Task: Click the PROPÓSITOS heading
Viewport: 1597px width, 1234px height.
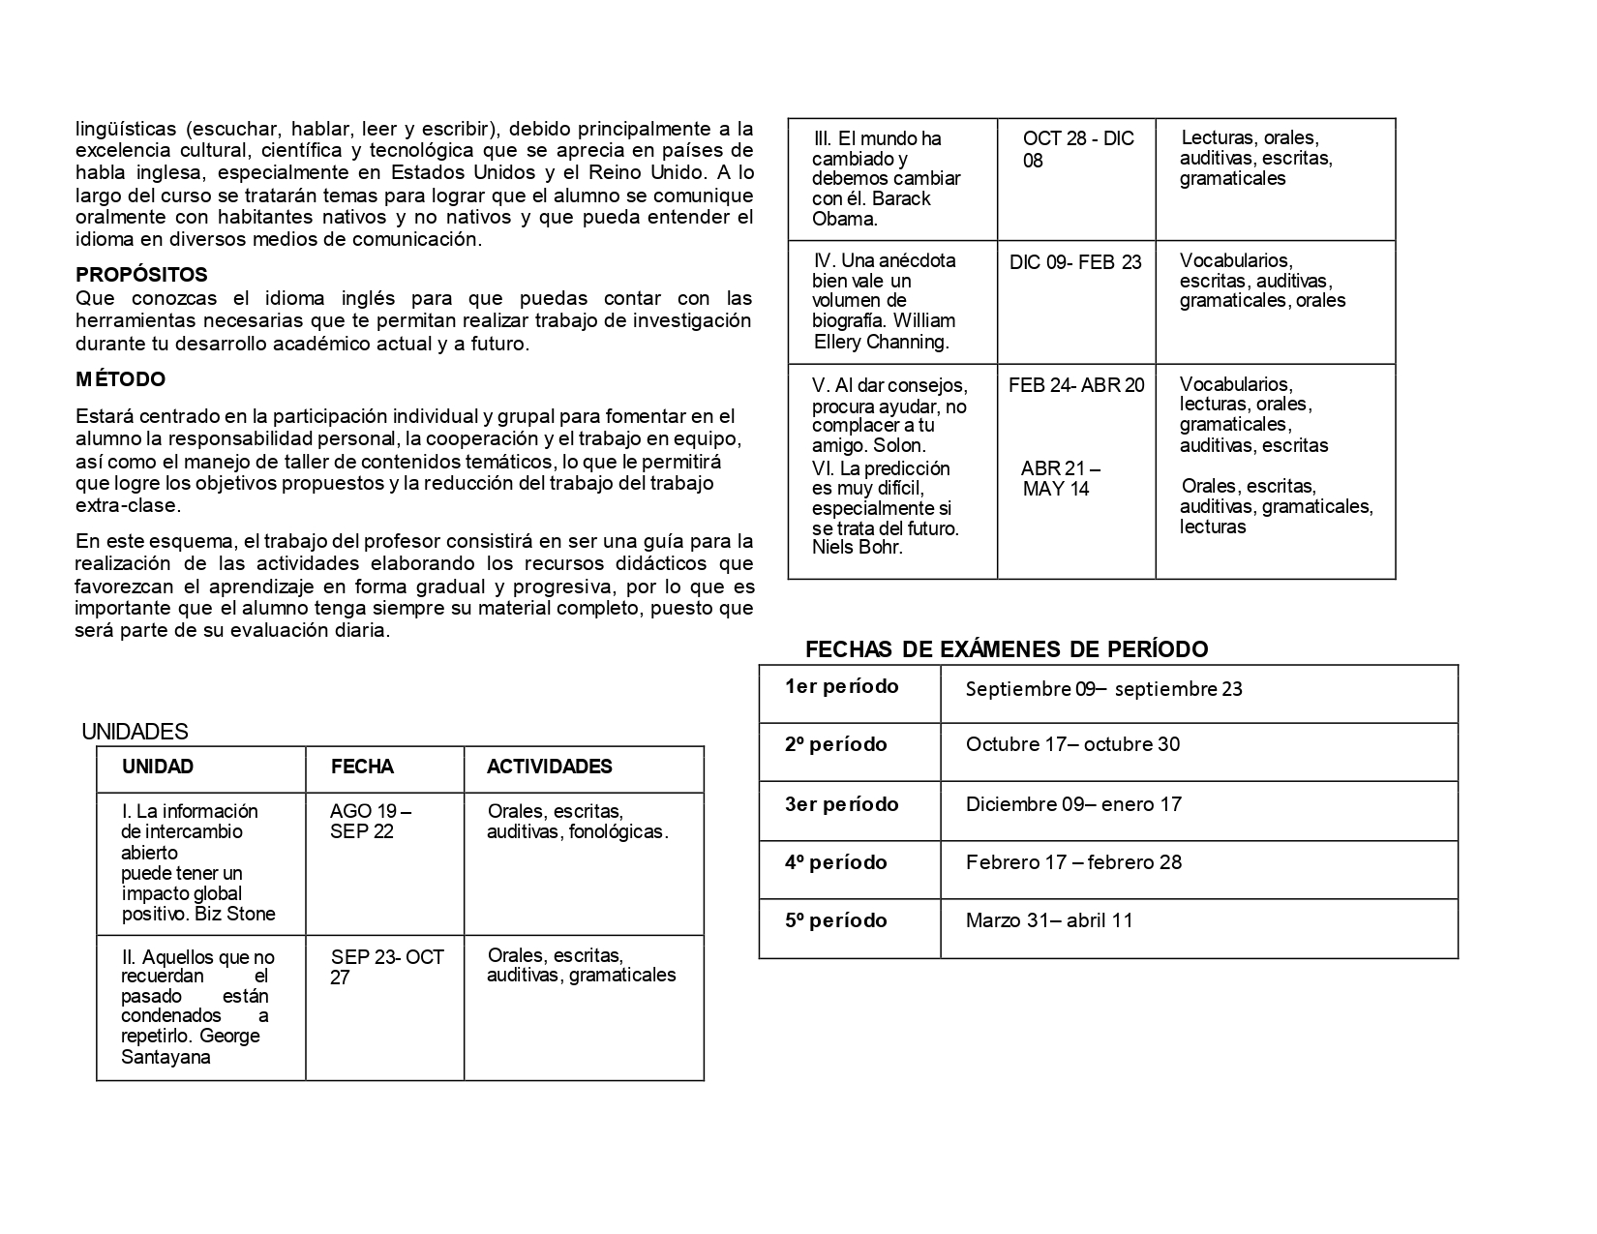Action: (x=141, y=275)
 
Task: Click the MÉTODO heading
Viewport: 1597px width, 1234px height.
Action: (x=121, y=379)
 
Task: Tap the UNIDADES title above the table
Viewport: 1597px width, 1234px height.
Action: (x=135, y=732)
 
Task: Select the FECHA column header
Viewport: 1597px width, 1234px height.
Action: (x=362, y=767)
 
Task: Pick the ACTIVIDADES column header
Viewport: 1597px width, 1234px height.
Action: (x=549, y=767)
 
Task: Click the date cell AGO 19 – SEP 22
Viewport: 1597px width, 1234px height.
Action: (x=371, y=821)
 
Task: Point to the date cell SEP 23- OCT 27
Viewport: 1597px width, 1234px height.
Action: (x=386, y=967)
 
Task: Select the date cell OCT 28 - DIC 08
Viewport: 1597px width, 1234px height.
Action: (x=1077, y=149)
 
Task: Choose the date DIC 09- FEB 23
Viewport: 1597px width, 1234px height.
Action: (x=1075, y=262)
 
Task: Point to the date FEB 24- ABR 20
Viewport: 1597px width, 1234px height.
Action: (x=1076, y=385)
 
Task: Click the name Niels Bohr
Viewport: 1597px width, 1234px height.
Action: (x=857, y=548)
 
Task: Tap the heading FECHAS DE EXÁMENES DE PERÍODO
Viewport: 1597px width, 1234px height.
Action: (x=1007, y=649)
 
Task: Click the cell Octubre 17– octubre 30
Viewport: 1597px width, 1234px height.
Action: (x=1072, y=744)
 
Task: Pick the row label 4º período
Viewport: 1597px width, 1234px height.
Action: (x=835, y=862)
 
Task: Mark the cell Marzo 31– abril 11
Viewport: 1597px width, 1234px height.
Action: (x=1049, y=920)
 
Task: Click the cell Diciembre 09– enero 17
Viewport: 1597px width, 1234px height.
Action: (x=1073, y=804)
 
